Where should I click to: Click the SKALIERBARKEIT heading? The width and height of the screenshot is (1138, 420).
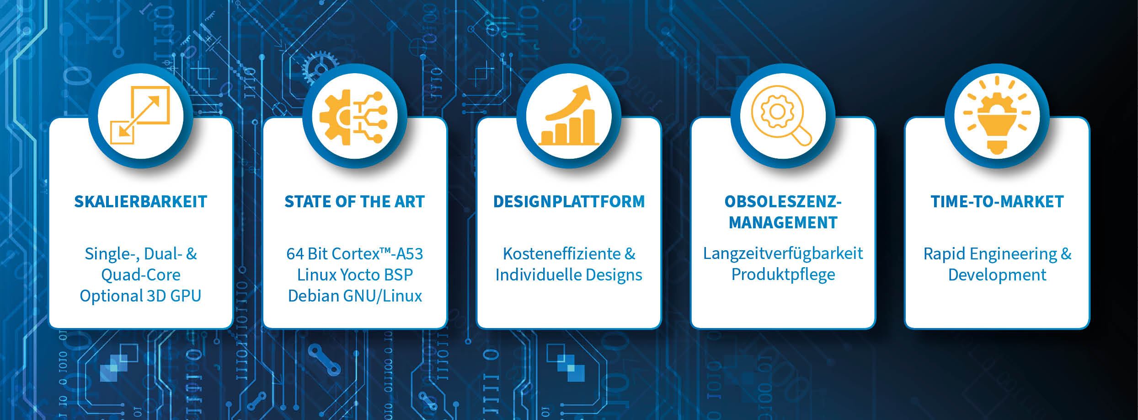click(x=140, y=202)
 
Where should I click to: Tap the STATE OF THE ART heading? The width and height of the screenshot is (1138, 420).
click(x=354, y=202)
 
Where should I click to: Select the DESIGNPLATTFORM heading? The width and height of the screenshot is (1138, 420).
click(x=569, y=202)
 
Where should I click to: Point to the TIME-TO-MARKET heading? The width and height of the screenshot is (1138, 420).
click(x=997, y=202)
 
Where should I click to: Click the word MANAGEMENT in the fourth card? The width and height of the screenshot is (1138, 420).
click(x=783, y=223)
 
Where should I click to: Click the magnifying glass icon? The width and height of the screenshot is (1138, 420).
click(x=781, y=116)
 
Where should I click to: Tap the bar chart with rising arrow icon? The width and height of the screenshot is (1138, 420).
click(x=568, y=115)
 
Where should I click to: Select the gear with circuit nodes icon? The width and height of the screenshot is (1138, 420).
click(x=353, y=117)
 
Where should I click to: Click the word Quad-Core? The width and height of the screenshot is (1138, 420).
click(x=141, y=275)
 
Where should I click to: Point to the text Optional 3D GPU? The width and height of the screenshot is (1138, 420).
click(x=140, y=296)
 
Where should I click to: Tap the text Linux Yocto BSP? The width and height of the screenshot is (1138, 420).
click(x=355, y=275)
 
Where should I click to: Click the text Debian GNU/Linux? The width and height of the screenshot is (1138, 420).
click(x=355, y=296)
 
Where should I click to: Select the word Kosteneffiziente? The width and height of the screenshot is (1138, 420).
click(x=562, y=254)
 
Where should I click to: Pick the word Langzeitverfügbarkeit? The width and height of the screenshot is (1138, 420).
click(x=783, y=254)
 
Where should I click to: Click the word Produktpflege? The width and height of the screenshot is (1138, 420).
click(x=783, y=275)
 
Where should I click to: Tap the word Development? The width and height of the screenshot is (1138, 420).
click(x=997, y=275)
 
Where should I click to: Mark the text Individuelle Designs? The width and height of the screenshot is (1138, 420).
click(x=569, y=275)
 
